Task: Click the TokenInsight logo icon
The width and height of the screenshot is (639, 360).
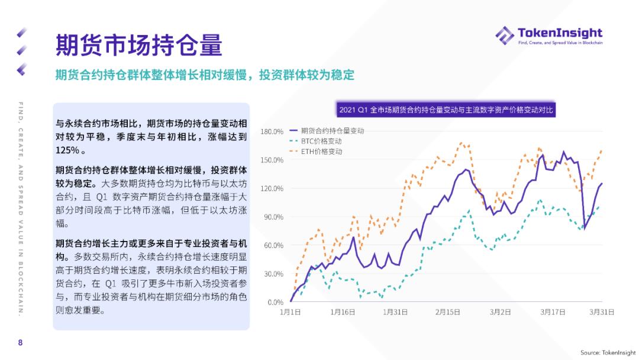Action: pyautogui.click(x=504, y=35)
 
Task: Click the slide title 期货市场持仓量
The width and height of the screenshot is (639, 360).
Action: pyautogui.click(x=138, y=44)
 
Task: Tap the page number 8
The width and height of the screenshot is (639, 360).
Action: pyautogui.click(x=20, y=342)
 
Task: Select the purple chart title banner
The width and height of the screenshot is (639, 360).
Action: pyautogui.click(x=447, y=110)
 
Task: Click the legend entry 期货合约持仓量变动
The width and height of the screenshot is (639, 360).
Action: pyautogui.click(x=333, y=130)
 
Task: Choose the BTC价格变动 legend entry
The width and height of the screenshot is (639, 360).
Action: pyautogui.click(x=321, y=141)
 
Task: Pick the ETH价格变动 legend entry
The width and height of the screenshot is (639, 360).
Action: pyautogui.click(x=321, y=152)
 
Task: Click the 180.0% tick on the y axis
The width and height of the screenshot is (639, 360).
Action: pyautogui.click(x=272, y=131)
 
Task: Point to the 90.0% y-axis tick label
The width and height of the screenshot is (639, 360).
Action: pyautogui.click(x=273, y=217)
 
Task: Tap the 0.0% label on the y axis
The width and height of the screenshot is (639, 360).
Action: pyautogui.click(x=275, y=303)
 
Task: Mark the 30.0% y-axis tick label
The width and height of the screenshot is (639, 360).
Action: pyautogui.click(x=273, y=274)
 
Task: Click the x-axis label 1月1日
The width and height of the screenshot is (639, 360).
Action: pyautogui.click(x=291, y=312)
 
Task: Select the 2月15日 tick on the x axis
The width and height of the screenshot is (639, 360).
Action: pyautogui.click(x=448, y=312)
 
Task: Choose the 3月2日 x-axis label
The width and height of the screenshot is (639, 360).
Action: pyautogui.click(x=500, y=312)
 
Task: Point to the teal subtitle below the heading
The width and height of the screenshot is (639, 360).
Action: pyautogui.click(x=205, y=75)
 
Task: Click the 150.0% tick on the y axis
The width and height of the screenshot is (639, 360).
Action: pyautogui.click(x=272, y=160)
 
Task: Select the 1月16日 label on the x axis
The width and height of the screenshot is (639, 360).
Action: pyautogui.click(x=343, y=312)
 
